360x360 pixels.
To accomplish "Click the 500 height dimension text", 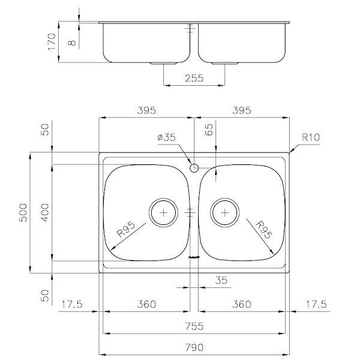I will point(23,214).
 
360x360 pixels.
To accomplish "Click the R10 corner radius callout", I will point(310,137).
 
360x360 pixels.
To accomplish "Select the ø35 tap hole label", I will point(166,137).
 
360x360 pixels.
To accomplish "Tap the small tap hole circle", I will point(194,167).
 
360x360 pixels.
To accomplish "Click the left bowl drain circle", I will point(163,212).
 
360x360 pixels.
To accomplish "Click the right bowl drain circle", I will point(224,212).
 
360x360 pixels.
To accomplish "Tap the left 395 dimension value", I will point(146,110).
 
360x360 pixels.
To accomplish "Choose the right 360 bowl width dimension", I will point(242,304).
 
